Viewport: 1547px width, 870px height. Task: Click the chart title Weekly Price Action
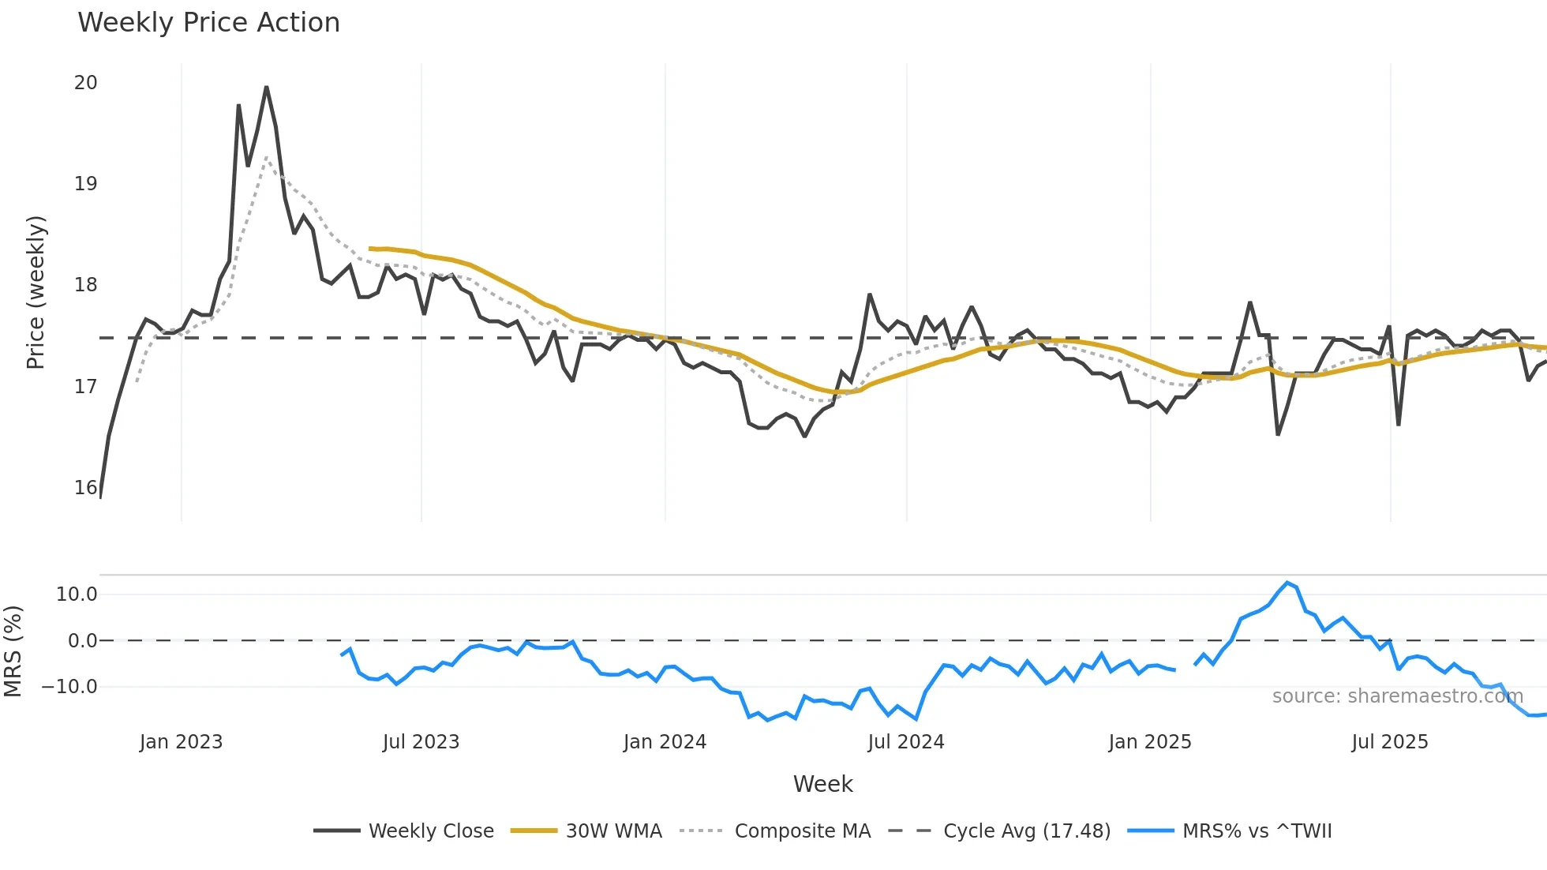point(208,23)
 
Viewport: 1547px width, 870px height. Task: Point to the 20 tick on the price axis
point(85,83)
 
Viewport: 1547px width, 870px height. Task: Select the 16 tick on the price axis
point(85,488)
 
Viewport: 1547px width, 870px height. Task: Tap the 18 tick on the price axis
point(85,285)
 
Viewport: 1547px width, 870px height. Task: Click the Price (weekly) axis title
point(36,292)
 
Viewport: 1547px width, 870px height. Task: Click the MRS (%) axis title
point(13,651)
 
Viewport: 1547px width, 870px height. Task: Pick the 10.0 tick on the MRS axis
point(77,594)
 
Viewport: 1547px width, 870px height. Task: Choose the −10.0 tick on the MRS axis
point(69,687)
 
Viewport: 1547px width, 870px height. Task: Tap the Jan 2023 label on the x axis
point(181,742)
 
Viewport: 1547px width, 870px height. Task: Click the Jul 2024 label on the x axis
point(905,742)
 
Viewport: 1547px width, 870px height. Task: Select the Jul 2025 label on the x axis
point(1389,742)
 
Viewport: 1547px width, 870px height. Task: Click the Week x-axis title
point(822,784)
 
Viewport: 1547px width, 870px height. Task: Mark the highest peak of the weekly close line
point(267,87)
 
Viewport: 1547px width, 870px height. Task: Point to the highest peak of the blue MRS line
point(1287,583)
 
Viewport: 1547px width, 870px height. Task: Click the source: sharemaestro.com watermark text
point(1397,696)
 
